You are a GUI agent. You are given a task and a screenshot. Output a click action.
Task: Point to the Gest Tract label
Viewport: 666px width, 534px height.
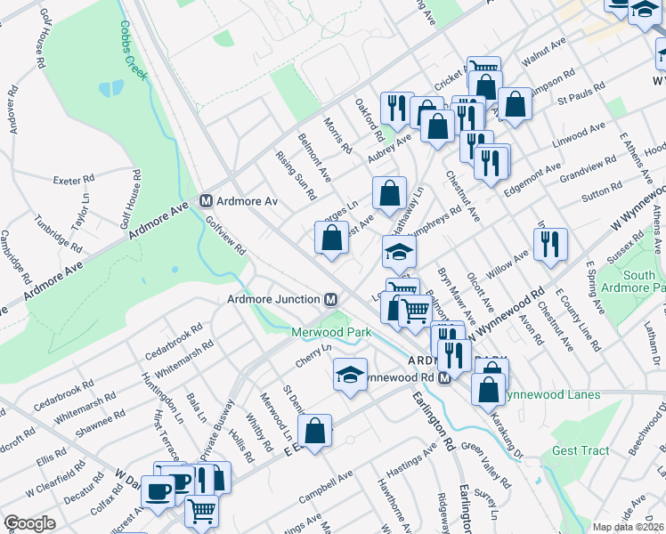(x=581, y=451)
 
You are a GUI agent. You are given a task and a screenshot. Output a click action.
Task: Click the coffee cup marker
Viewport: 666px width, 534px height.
(x=158, y=492)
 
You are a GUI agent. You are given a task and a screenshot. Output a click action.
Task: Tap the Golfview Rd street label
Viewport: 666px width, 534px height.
(x=225, y=238)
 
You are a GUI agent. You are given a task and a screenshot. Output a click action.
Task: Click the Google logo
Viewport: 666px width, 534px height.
(x=29, y=523)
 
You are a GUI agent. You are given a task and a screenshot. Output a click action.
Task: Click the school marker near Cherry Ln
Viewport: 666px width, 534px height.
(x=351, y=375)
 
